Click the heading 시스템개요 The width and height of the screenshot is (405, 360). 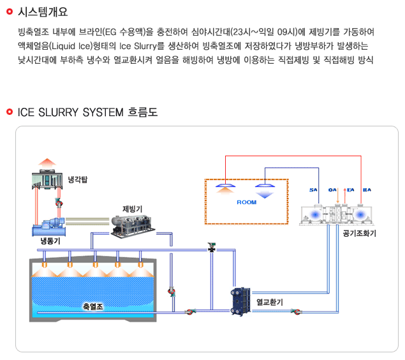[43, 12]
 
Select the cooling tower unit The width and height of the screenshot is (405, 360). [47, 182]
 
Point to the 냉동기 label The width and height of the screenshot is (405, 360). [50, 241]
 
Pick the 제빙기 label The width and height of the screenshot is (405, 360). [132, 209]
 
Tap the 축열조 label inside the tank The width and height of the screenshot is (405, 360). [93, 306]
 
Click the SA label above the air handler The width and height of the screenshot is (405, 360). [313, 190]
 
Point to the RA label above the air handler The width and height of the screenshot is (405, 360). [366, 190]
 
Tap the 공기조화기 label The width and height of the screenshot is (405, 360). [359, 234]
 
